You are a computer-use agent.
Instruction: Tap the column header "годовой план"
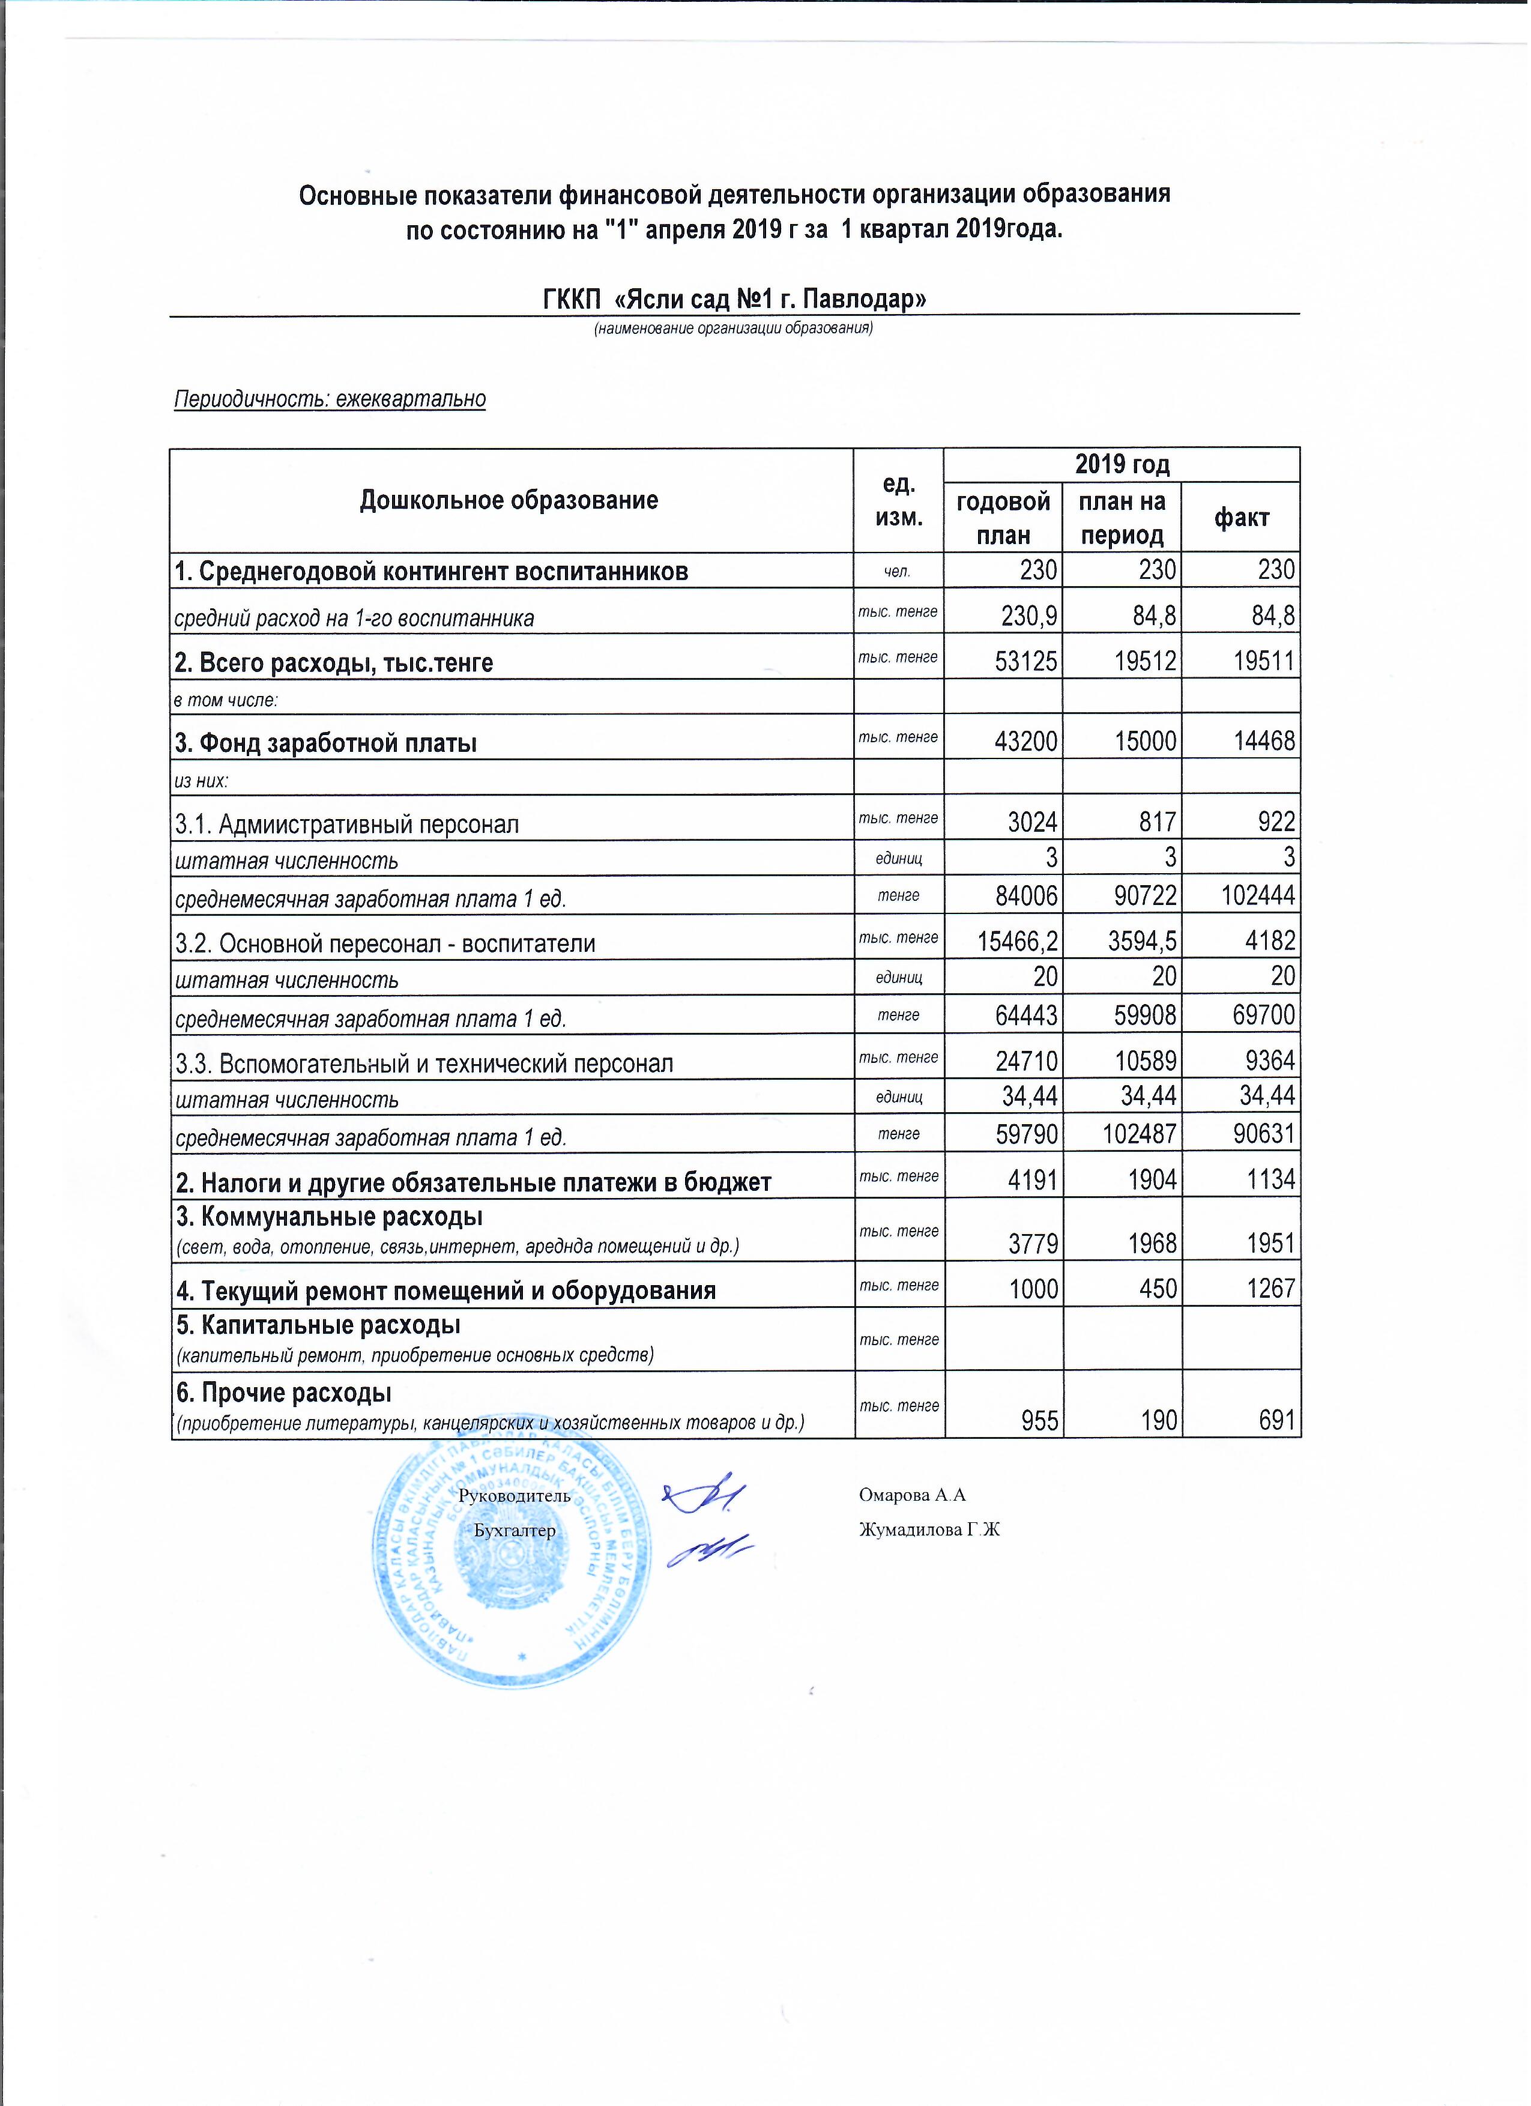coord(1004,518)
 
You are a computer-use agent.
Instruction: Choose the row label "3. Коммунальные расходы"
coord(328,1217)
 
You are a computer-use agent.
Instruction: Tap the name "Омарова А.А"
coord(913,1495)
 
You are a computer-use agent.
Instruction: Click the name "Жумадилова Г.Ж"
coord(929,1530)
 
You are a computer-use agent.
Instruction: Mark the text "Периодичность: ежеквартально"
coord(331,399)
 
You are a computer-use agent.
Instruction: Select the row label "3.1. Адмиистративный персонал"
coord(347,825)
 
